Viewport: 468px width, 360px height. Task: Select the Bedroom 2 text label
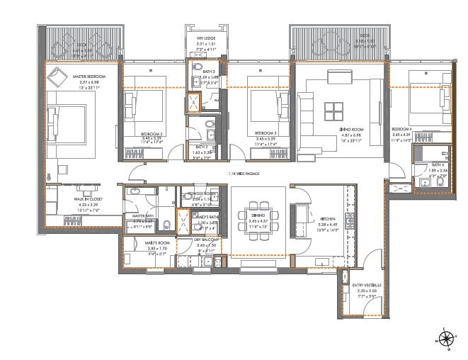[x=152, y=133]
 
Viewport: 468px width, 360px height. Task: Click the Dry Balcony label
[x=207, y=240]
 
